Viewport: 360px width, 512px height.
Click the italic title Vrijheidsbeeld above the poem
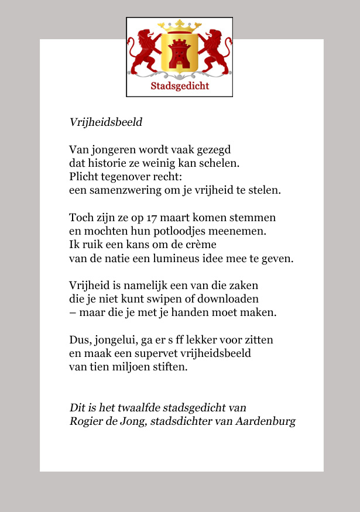105,123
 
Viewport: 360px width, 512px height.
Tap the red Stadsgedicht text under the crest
180,87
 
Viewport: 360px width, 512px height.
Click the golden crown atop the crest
180,27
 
